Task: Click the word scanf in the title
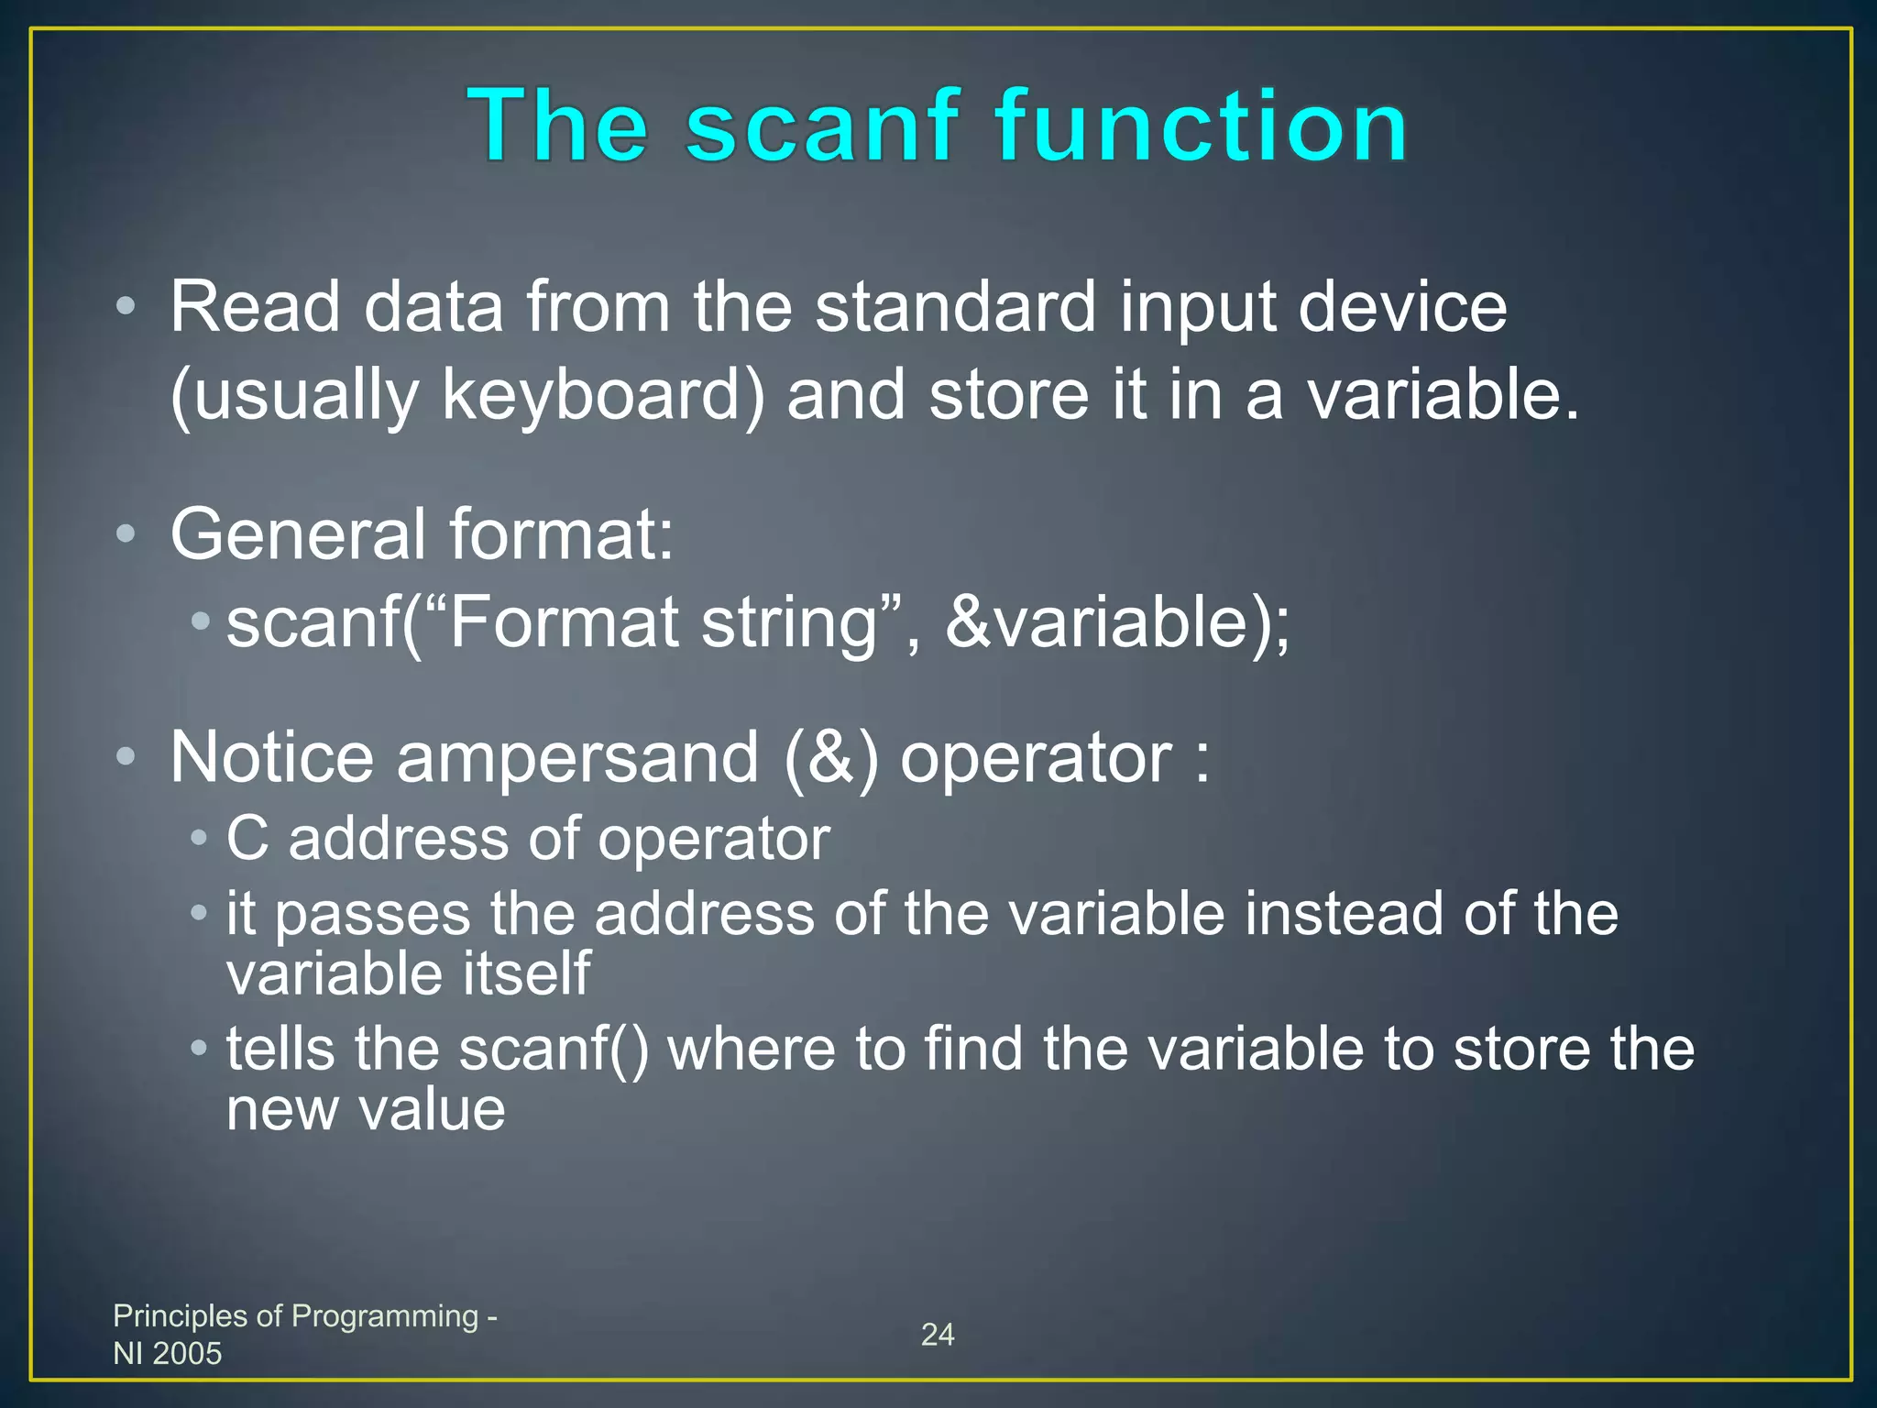click(x=822, y=126)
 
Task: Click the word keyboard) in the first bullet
click(x=603, y=396)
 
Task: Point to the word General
click(x=296, y=534)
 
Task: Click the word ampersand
click(x=577, y=759)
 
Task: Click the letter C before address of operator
click(x=247, y=839)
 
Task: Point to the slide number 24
click(x=938, y=1335)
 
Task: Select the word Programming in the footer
click(x=385, y=1316)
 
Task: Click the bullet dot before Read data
click(x=126, y=307)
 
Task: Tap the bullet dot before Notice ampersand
click(x=126, y=757)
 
